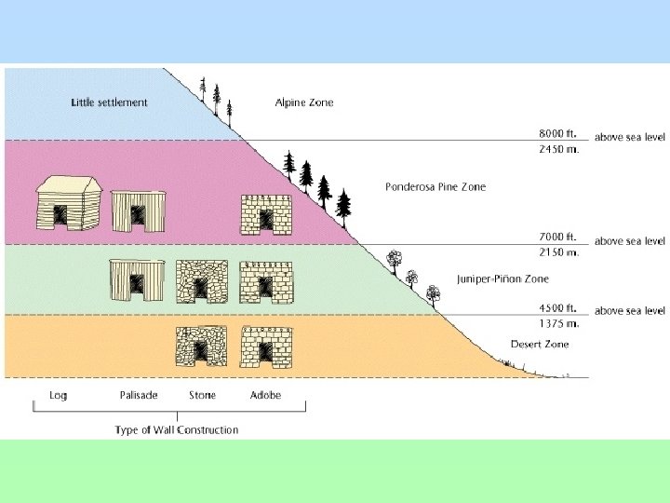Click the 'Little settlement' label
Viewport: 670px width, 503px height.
[x=109, y=102]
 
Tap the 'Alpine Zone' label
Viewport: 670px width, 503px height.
[x=304, y=102]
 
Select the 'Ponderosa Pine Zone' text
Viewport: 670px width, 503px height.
[x=435, y=187]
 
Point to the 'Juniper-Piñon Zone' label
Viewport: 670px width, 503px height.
[x=502, y=279]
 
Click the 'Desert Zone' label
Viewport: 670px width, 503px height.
[x=540, y=345]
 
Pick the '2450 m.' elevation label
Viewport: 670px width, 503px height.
[x=560, y=149]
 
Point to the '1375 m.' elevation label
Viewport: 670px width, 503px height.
[x=560, y=323]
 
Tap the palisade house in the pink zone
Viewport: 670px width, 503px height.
[x=136, y=211]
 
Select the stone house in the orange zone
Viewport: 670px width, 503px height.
[x=201, y=347]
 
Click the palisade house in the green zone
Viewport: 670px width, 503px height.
[x=136, y=279]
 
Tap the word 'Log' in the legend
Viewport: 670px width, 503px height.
[x=58, y=396]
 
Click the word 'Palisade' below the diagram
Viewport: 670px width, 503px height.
[x=139, y=396]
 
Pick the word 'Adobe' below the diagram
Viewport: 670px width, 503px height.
[x=265, y=396]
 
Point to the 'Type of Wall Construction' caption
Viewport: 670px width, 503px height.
[x=176, y=430]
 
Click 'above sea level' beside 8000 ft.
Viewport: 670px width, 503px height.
[x=630, y=137]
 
